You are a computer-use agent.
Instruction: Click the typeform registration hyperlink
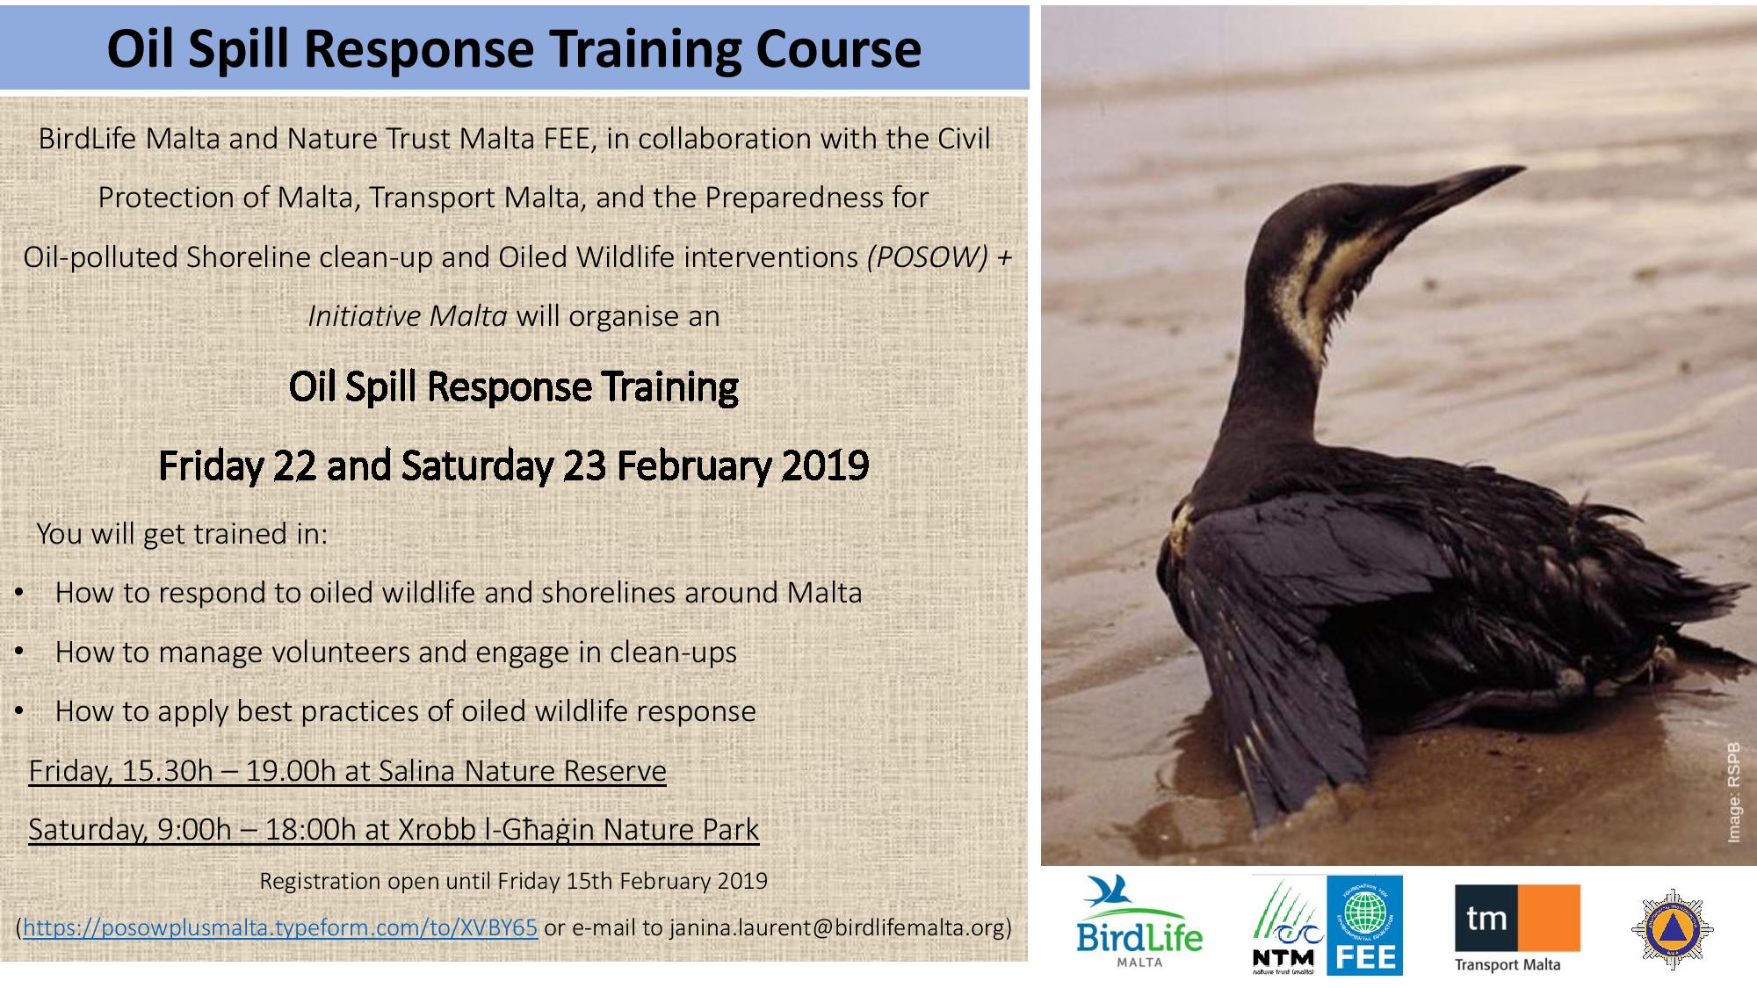pos(280,927)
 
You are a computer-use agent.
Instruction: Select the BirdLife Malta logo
pos(1139,921)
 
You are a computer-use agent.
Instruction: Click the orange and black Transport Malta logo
pos(1517,927)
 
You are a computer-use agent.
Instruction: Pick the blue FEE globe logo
pos(1364,925)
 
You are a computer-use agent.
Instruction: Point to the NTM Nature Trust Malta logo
pos(1288,925)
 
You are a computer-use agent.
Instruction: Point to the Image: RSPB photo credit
pos(1733,793)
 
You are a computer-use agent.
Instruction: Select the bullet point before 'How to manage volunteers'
pos(18,653)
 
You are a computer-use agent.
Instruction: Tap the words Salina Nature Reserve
pos(523,770)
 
